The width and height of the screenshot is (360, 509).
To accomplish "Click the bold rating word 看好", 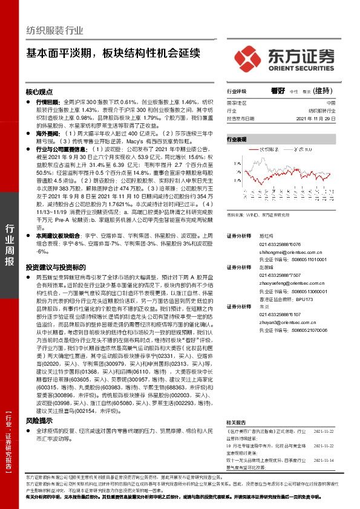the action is coord(278,91).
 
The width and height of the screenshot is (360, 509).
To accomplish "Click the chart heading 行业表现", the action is coord(237,140).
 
